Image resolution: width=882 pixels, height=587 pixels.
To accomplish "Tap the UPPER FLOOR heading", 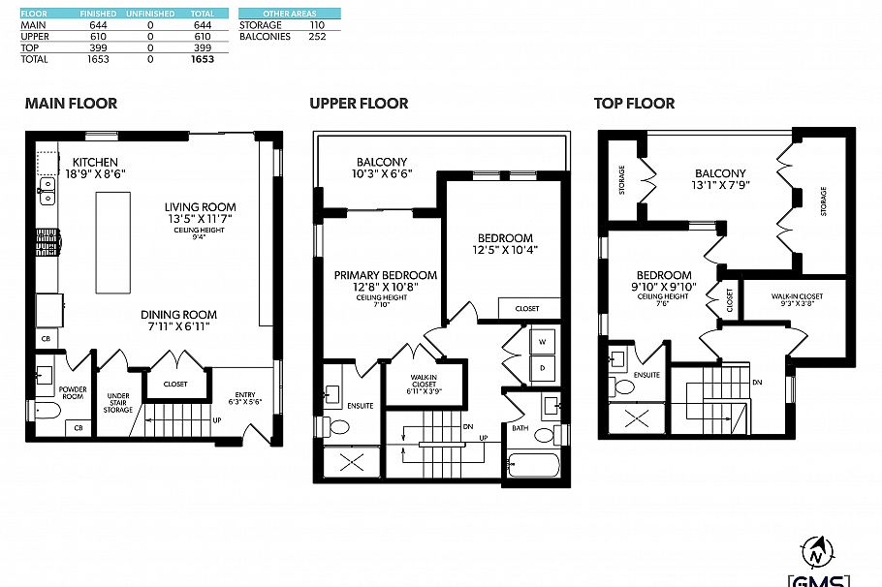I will tap(359, 104).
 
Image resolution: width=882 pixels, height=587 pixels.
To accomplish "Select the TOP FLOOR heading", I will tap(634, 104).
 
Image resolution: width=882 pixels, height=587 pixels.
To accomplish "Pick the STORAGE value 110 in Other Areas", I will tap(317, 25).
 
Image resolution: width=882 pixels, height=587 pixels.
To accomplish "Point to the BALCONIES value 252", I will tap(317, 37).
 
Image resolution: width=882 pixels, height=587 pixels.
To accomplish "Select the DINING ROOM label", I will tap(178, 315).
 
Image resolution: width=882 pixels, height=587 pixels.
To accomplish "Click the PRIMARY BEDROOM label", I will tap(386, 275).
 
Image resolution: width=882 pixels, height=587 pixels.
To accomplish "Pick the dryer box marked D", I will tap(542, 369).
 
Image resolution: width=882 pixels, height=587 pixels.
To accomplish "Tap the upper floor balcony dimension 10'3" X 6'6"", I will tap(382, 174).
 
